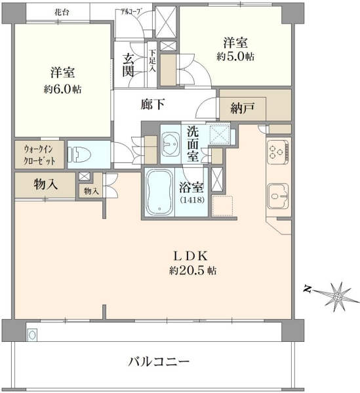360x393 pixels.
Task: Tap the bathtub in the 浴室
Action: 159,192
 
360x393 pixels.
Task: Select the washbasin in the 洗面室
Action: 170,144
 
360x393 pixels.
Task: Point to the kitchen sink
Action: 278,196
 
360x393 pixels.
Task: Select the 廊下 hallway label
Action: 152,104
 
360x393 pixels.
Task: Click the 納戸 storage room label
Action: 243,108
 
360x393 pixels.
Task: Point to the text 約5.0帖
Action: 235,57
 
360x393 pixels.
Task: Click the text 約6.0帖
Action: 62,89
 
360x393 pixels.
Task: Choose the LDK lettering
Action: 191,256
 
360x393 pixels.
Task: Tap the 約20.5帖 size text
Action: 192,271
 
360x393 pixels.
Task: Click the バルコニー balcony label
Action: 159,362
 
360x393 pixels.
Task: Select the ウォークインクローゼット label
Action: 39,155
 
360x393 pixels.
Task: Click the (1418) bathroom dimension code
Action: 192,200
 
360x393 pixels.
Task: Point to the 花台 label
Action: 62,12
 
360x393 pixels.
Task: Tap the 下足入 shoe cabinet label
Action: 152,61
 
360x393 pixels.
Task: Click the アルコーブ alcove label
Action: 130,11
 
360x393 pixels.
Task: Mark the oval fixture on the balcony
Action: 32,335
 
